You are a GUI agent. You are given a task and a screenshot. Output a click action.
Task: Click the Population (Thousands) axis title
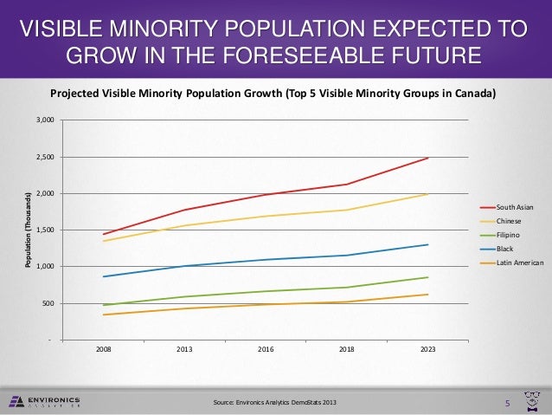pyautogui.click(x=29, y=230)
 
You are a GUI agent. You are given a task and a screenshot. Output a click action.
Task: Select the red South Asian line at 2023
pyautogui.click(x=427, y=158)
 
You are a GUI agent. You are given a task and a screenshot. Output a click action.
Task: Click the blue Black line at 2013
pyautogui.click(x=184, y=266)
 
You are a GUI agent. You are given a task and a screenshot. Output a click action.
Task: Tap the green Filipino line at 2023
pyautogui.click(x=427, y=277)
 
